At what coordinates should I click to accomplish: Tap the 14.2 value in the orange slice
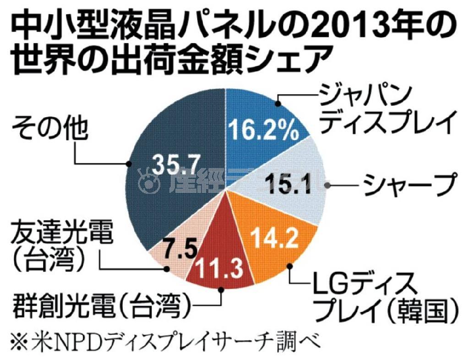[273, 238]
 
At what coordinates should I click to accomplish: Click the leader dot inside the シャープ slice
[327, 185]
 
